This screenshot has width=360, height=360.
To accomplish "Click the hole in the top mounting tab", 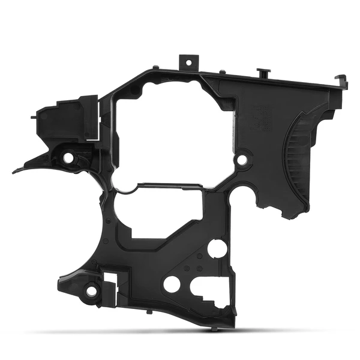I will (x=188, y=62).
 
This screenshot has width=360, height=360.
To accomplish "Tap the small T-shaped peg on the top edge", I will (x=262, y=72).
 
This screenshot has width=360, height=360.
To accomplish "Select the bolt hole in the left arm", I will (x=68, y=157).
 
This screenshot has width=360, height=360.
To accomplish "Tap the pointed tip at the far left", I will (x=15, y=171).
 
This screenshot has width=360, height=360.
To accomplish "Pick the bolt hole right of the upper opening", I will (x=242, y=160).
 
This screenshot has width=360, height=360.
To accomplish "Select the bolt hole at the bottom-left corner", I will (x=92, y=291).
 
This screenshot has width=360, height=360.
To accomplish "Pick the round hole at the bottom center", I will (x=172, y=284).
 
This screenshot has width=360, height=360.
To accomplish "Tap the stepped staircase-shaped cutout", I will (x=210, y=294).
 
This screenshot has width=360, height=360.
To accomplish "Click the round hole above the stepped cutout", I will (x=217, y=248).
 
